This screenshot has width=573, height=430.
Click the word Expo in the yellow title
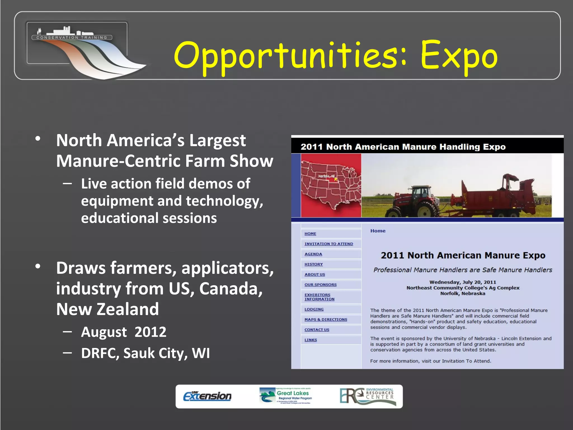(459, 56)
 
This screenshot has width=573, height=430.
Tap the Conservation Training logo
(84, 49)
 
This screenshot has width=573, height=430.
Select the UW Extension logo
(207, 396)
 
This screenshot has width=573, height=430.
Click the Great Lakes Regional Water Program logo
(286, 396)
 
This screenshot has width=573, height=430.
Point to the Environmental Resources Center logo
(368, 396)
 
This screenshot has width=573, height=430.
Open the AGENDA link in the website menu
(313, 254)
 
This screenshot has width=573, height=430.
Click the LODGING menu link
(314, 309)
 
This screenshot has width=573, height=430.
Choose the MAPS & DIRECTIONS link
(326, 319)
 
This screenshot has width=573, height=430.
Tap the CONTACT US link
(317, 330)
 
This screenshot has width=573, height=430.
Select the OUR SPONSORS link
(320, 285)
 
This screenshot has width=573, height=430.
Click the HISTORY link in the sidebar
(314, 264)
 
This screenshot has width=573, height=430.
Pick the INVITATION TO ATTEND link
(329, 244)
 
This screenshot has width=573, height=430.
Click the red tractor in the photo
(414, 200)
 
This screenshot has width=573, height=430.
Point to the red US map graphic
(331, 185)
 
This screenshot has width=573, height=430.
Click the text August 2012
(124, 332)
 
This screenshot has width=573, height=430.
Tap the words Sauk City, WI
(166, 353)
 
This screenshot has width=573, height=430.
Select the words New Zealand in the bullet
(107, 309)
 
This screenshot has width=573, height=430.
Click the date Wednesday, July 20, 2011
(463, 282)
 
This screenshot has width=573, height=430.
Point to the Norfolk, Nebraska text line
(463, 293)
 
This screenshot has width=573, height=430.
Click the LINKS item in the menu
(311, 340)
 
